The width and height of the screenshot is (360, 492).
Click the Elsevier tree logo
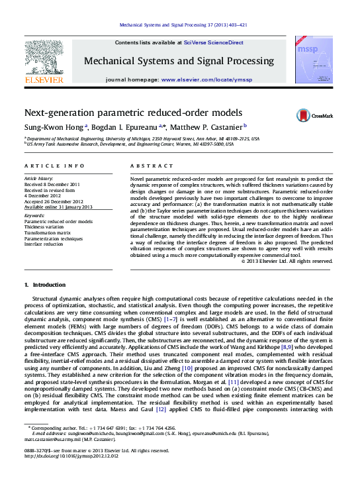coord(44,63)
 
